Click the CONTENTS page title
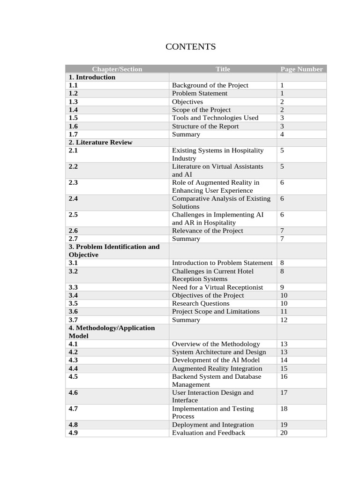(190, 46)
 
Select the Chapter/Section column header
(117, 69)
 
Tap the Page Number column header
(301, 69)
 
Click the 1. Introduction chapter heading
(92, 77)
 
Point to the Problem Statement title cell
(199, 93)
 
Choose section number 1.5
(73, 118)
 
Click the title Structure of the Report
(205, 126)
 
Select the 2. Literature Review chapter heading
(100, 142)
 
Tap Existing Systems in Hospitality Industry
(217, 154)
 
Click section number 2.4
(73, 198)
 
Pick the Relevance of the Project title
(207, 231)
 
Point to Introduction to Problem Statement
(222, 263)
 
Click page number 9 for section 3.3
(282, 287)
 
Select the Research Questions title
(201, 303)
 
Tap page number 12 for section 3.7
(284, 320)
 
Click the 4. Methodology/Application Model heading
(112, 331)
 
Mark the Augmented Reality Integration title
(217, 368)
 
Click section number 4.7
(73, 408)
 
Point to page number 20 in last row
(284, 433)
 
